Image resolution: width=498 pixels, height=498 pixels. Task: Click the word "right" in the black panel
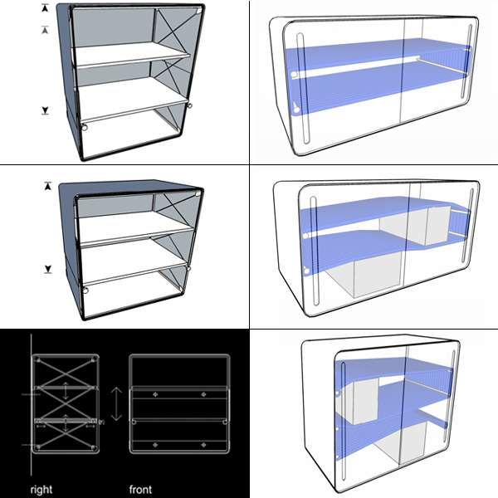(x=41, y=490)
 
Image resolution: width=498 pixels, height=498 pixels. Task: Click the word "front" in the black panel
(x=140, y=490)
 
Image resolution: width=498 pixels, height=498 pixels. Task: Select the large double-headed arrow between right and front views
(x=116, y=404)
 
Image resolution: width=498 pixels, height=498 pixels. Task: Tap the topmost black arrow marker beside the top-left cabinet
(x=45, y=8)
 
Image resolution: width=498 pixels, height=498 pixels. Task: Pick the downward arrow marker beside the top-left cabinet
(x=45, y=110)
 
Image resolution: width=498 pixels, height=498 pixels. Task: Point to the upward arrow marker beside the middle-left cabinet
(x=47, y=186)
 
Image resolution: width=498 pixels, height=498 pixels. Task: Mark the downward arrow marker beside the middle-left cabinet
(x=48, y=269)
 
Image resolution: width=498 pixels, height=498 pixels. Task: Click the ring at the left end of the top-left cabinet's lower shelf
(x=85, y=128)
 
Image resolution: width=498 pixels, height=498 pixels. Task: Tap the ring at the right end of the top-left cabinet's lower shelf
(x=189, y=105)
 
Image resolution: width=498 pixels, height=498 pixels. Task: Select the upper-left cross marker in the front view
(x=155, y=394)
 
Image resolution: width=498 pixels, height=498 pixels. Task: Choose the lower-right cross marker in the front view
(x=203, y=445)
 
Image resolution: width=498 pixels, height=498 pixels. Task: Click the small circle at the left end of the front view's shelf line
(x=134, y=422)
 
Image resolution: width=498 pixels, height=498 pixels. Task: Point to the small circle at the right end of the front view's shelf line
(x=225, y=422)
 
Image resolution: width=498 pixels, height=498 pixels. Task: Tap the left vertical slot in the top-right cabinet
(x=303, y=88)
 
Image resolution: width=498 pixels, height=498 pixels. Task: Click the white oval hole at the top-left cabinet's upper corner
(x=198, y=11)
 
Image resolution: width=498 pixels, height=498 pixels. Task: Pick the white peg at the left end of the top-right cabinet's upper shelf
(x=294, y=76)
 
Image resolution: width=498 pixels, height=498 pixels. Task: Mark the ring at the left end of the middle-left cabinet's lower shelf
(x=85, y=290)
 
